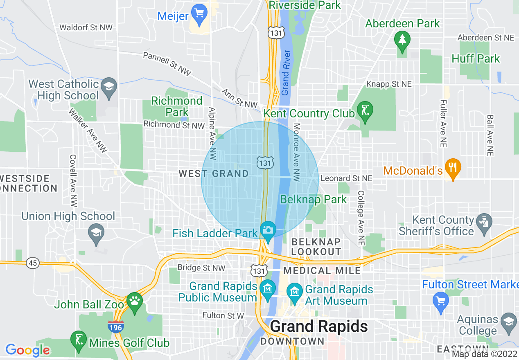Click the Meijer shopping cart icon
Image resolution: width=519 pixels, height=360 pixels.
point(199,13)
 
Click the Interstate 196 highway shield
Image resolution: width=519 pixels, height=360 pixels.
point(116,326)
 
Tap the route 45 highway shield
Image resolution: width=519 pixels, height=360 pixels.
point(33,263)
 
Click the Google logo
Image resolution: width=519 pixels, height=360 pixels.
point(27,350)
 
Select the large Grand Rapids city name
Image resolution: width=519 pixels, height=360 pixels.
point(319,326)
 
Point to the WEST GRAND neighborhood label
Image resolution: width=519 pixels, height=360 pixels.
point(214,174)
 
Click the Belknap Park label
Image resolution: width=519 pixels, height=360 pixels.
point(313,200)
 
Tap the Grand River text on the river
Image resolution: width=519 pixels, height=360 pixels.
point(286,73)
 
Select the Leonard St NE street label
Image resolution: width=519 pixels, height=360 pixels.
point(346,178)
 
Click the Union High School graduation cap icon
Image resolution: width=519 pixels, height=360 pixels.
point(96,234)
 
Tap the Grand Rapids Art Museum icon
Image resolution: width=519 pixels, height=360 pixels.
point(295,292)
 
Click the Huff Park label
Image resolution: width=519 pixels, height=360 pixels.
point(476,59)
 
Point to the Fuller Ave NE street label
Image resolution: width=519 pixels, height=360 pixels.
point(443,123)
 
